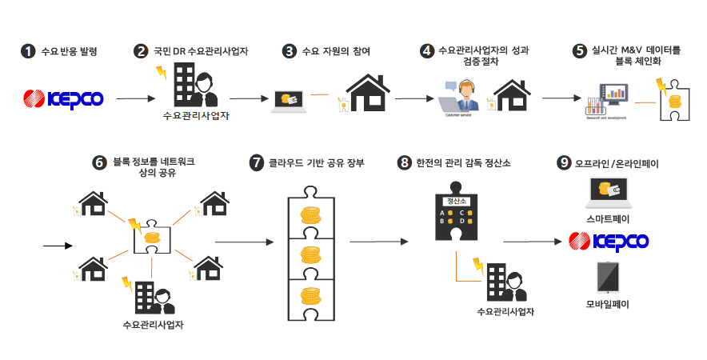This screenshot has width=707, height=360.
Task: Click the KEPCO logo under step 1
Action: click(63, 98)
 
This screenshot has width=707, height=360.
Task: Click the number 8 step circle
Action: click(404, 162)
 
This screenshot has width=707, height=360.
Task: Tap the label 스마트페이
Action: click(608, 216)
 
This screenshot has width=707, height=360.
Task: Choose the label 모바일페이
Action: click(608, 303)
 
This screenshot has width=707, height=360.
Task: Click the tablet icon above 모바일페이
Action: click(608, 276)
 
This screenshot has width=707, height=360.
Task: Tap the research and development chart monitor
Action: click(613, 95)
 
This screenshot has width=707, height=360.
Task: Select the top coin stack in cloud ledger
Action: click(310, 216)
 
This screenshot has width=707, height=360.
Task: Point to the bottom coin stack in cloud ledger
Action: click(310, 296)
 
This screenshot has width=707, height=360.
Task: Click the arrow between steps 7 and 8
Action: click(373, 241)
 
